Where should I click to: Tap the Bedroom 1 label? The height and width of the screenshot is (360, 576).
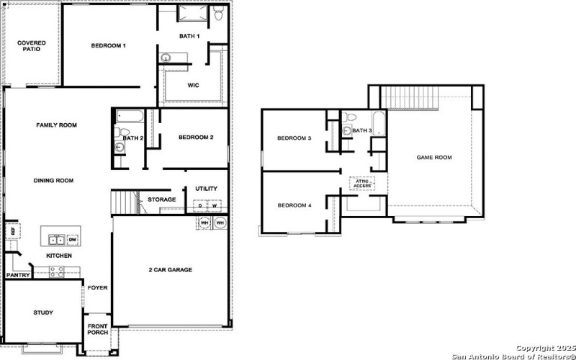pos(108,46)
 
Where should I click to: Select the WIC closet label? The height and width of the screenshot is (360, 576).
pos(193,85)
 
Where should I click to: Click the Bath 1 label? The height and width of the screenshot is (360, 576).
pos(189,36)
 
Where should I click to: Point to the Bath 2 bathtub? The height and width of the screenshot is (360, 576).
pos(130,117)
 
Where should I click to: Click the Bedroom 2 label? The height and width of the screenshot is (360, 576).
pos(196,138)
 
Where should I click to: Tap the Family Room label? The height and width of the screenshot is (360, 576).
pos(56,125)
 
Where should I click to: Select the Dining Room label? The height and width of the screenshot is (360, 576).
pos(53,181)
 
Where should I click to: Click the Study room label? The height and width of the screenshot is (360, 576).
pos(42,312)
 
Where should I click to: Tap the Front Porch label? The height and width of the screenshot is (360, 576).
pos(97,330)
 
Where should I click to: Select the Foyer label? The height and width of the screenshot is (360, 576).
pos(97,288)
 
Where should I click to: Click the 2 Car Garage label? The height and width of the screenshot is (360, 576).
pos(170,270)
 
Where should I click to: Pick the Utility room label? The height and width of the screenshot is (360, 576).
pos(206,189)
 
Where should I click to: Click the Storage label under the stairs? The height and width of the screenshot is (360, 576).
pos(161,199)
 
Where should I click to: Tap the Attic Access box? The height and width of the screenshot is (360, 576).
pos(362,184)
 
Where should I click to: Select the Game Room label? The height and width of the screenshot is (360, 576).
pos(434,157)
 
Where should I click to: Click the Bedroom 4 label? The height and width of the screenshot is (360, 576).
pos(294,206)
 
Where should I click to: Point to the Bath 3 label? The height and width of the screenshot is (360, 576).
pos(361,130)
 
